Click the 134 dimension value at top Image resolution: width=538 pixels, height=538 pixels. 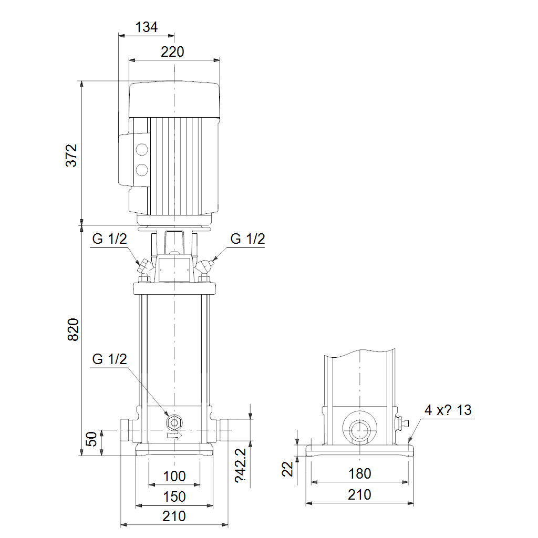pos(147,27)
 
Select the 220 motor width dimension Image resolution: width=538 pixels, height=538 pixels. pos(172,52)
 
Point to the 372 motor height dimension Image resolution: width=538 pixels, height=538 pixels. pos(71,156)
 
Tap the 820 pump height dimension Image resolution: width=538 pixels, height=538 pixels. pos(73,329)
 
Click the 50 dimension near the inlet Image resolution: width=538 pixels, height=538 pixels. pos(91,439)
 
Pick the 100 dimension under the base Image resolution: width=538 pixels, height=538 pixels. pos(174,476)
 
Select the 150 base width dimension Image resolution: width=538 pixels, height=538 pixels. pos(174,496)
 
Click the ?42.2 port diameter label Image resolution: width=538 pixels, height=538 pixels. pos(241,465)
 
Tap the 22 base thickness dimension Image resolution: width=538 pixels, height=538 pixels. pos(287,469)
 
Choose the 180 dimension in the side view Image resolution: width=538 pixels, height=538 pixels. pos(359,473)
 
